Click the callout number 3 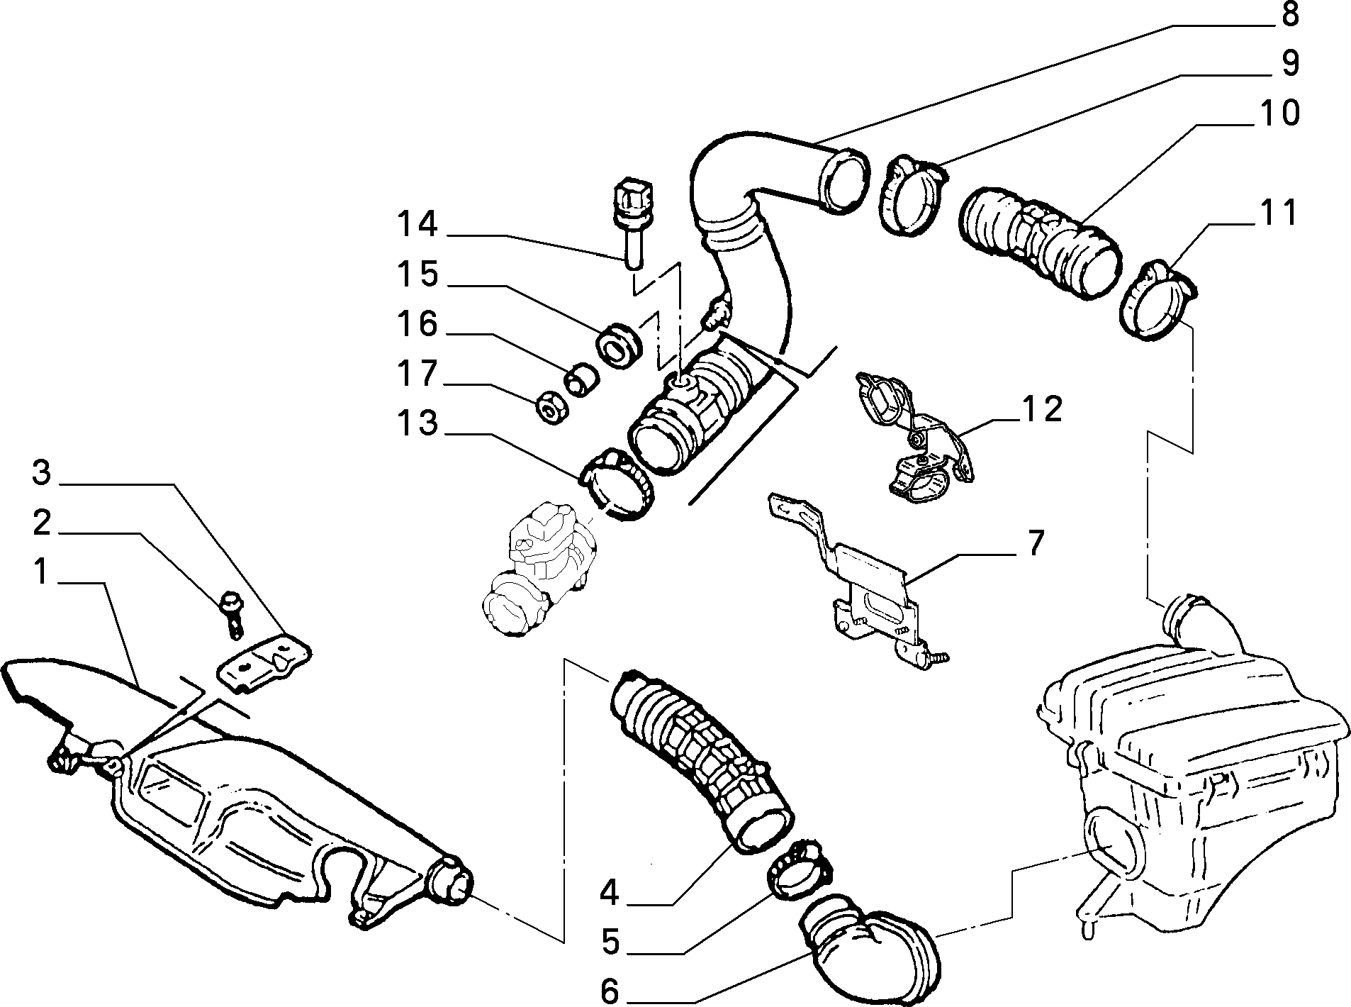click(x=43, y=473)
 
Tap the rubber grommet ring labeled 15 click(x=620, y=345)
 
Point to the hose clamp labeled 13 click(x=617, y=485)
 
